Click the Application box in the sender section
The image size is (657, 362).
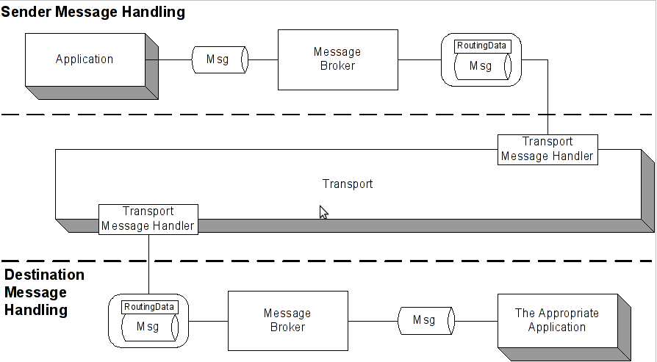(x=85, y=59)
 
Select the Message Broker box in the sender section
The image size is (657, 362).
(x=337, y=59)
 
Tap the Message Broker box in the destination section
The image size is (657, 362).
(x=287, y=320)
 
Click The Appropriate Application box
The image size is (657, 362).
(x=556, y=320)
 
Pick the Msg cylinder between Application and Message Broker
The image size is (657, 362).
(x=219, y=59)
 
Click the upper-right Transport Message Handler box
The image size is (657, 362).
(x=547, y=149)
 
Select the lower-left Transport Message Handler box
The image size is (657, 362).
(x=148, y=219)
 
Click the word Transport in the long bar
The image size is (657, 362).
(x=348, y=184)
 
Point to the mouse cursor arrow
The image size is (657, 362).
(x=323, y=211)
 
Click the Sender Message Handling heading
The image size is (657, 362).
(x=93, y=12)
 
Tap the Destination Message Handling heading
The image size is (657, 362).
(x=44, y=292)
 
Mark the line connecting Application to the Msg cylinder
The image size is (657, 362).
(x=175, y=59)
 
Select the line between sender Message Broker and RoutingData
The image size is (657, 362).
(x=419, y=59)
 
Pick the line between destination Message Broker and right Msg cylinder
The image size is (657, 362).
(x=373, y=321)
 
